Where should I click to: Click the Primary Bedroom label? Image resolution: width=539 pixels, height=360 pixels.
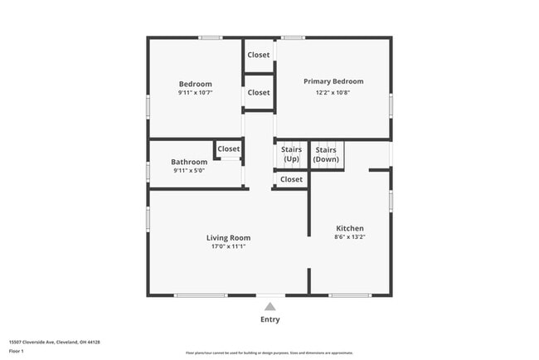pos(333,81)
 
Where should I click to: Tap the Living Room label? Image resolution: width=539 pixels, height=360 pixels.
pos(228,238)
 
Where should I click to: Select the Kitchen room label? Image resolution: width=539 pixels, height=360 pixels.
pos(349,228)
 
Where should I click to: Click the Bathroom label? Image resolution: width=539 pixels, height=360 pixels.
pos(189,162)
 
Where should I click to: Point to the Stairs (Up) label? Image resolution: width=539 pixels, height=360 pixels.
pos(291,153)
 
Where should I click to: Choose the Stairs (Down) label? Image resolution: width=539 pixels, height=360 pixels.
pos(326,153)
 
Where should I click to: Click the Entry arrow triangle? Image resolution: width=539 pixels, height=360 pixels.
pos(269,307)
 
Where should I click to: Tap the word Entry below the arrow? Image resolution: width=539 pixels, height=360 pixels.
pos(269,319)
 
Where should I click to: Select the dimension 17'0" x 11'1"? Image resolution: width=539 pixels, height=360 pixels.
pos(228,246)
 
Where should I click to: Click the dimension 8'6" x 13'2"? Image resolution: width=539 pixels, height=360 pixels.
pos(349,237)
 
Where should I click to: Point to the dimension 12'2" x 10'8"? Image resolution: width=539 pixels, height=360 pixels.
pos(333,92)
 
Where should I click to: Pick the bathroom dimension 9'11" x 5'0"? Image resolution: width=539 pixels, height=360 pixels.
pos(189,171)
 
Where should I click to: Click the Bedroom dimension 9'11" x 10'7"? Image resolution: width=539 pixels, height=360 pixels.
pos(196,93)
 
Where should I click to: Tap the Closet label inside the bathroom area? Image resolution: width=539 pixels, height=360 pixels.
pos(229,149)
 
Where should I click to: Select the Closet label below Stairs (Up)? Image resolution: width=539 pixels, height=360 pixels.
pos(291,179)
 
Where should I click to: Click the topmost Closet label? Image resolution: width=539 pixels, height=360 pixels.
pos(259,55)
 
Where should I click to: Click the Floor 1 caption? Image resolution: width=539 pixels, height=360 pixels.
pos(17,350)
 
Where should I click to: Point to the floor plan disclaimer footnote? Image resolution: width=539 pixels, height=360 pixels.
pos(269,353)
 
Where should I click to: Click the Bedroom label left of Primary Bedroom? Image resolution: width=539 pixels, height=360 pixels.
pos(196,84)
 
